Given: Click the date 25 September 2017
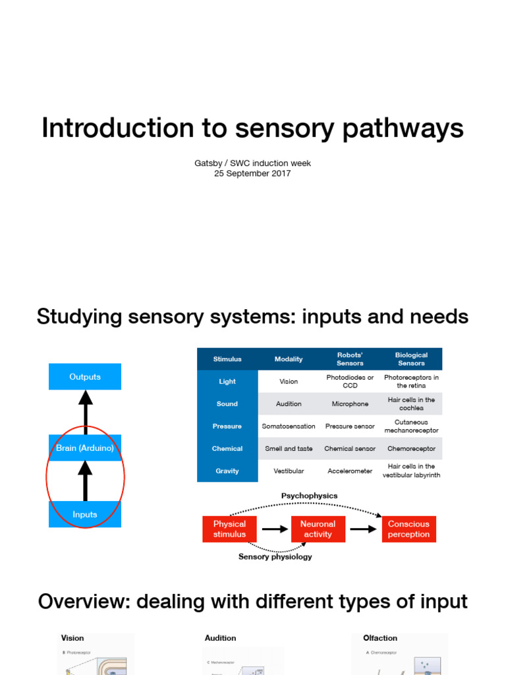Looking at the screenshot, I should [252, 173].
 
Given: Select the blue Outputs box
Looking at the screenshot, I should [85, 376].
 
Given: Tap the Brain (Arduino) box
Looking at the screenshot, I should [85, 448].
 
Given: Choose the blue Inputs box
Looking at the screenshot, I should [85, 514].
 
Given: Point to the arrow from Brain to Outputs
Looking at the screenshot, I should [85, 412].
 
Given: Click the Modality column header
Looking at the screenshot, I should [289, 359].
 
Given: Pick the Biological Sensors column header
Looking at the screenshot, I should [411, 359].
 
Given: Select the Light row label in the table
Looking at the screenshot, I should [227, 382].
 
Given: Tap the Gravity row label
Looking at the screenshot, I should [227, 471].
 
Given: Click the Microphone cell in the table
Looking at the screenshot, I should [350, 404].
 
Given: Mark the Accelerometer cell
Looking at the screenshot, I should [350, 471].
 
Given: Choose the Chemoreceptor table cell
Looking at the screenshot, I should [411, 448].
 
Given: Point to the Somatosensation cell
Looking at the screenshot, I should [289, 426].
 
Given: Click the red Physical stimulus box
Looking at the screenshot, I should [229, 529].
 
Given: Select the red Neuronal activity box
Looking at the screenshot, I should [318, 529].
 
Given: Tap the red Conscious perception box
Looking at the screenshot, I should [408, 529].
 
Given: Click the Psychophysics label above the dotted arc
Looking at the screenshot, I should [309, 496].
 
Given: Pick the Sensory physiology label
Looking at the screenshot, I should [275, 557].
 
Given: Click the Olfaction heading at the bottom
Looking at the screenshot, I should [380, 638].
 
